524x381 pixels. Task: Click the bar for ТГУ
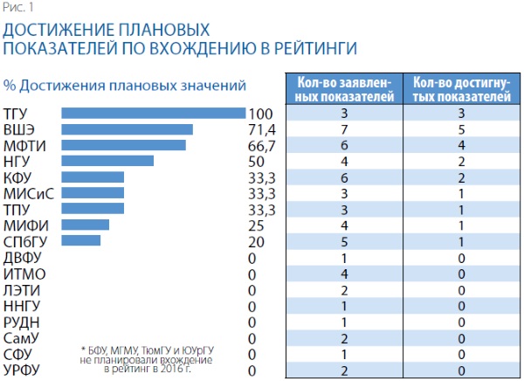pyautogui.click(x=154, y=114)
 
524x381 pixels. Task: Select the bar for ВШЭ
pyautogui.click(x=128, y=129)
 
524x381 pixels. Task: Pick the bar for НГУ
pyautogui.click(x=108, y=161)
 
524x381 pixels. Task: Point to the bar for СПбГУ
pyautogui.click(x=81, y=239)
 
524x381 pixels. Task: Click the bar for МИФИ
pyautogui.click(x=86, y=225)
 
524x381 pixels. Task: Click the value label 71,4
pyautogui.click(x=262, y=129)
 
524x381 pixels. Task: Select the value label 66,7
pyautogui.click(x=262, y=145)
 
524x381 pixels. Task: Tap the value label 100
pyautogui.click(x=261, y=114)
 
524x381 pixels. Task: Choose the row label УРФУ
pyautogui.click(x=23, y=371)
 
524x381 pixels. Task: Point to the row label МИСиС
pyautogui.click(x=29, y=193)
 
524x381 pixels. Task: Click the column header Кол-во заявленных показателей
pyautogui.click(x=346, y=89)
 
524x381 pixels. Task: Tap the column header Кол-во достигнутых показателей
pyautogui.click(x=460, y=89)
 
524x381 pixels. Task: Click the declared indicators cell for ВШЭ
pyautogui.click(x=346, y=129)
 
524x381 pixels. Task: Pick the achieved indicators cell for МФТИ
pyautogui.click(x=460, y=145)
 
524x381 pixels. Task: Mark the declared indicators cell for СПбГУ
pyautogui.click(x=346, y=240)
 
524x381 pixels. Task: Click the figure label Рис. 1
pyautogui.click(x=17, y=9)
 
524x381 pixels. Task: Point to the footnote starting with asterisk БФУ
pyautogui.click(x=146, y=358)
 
